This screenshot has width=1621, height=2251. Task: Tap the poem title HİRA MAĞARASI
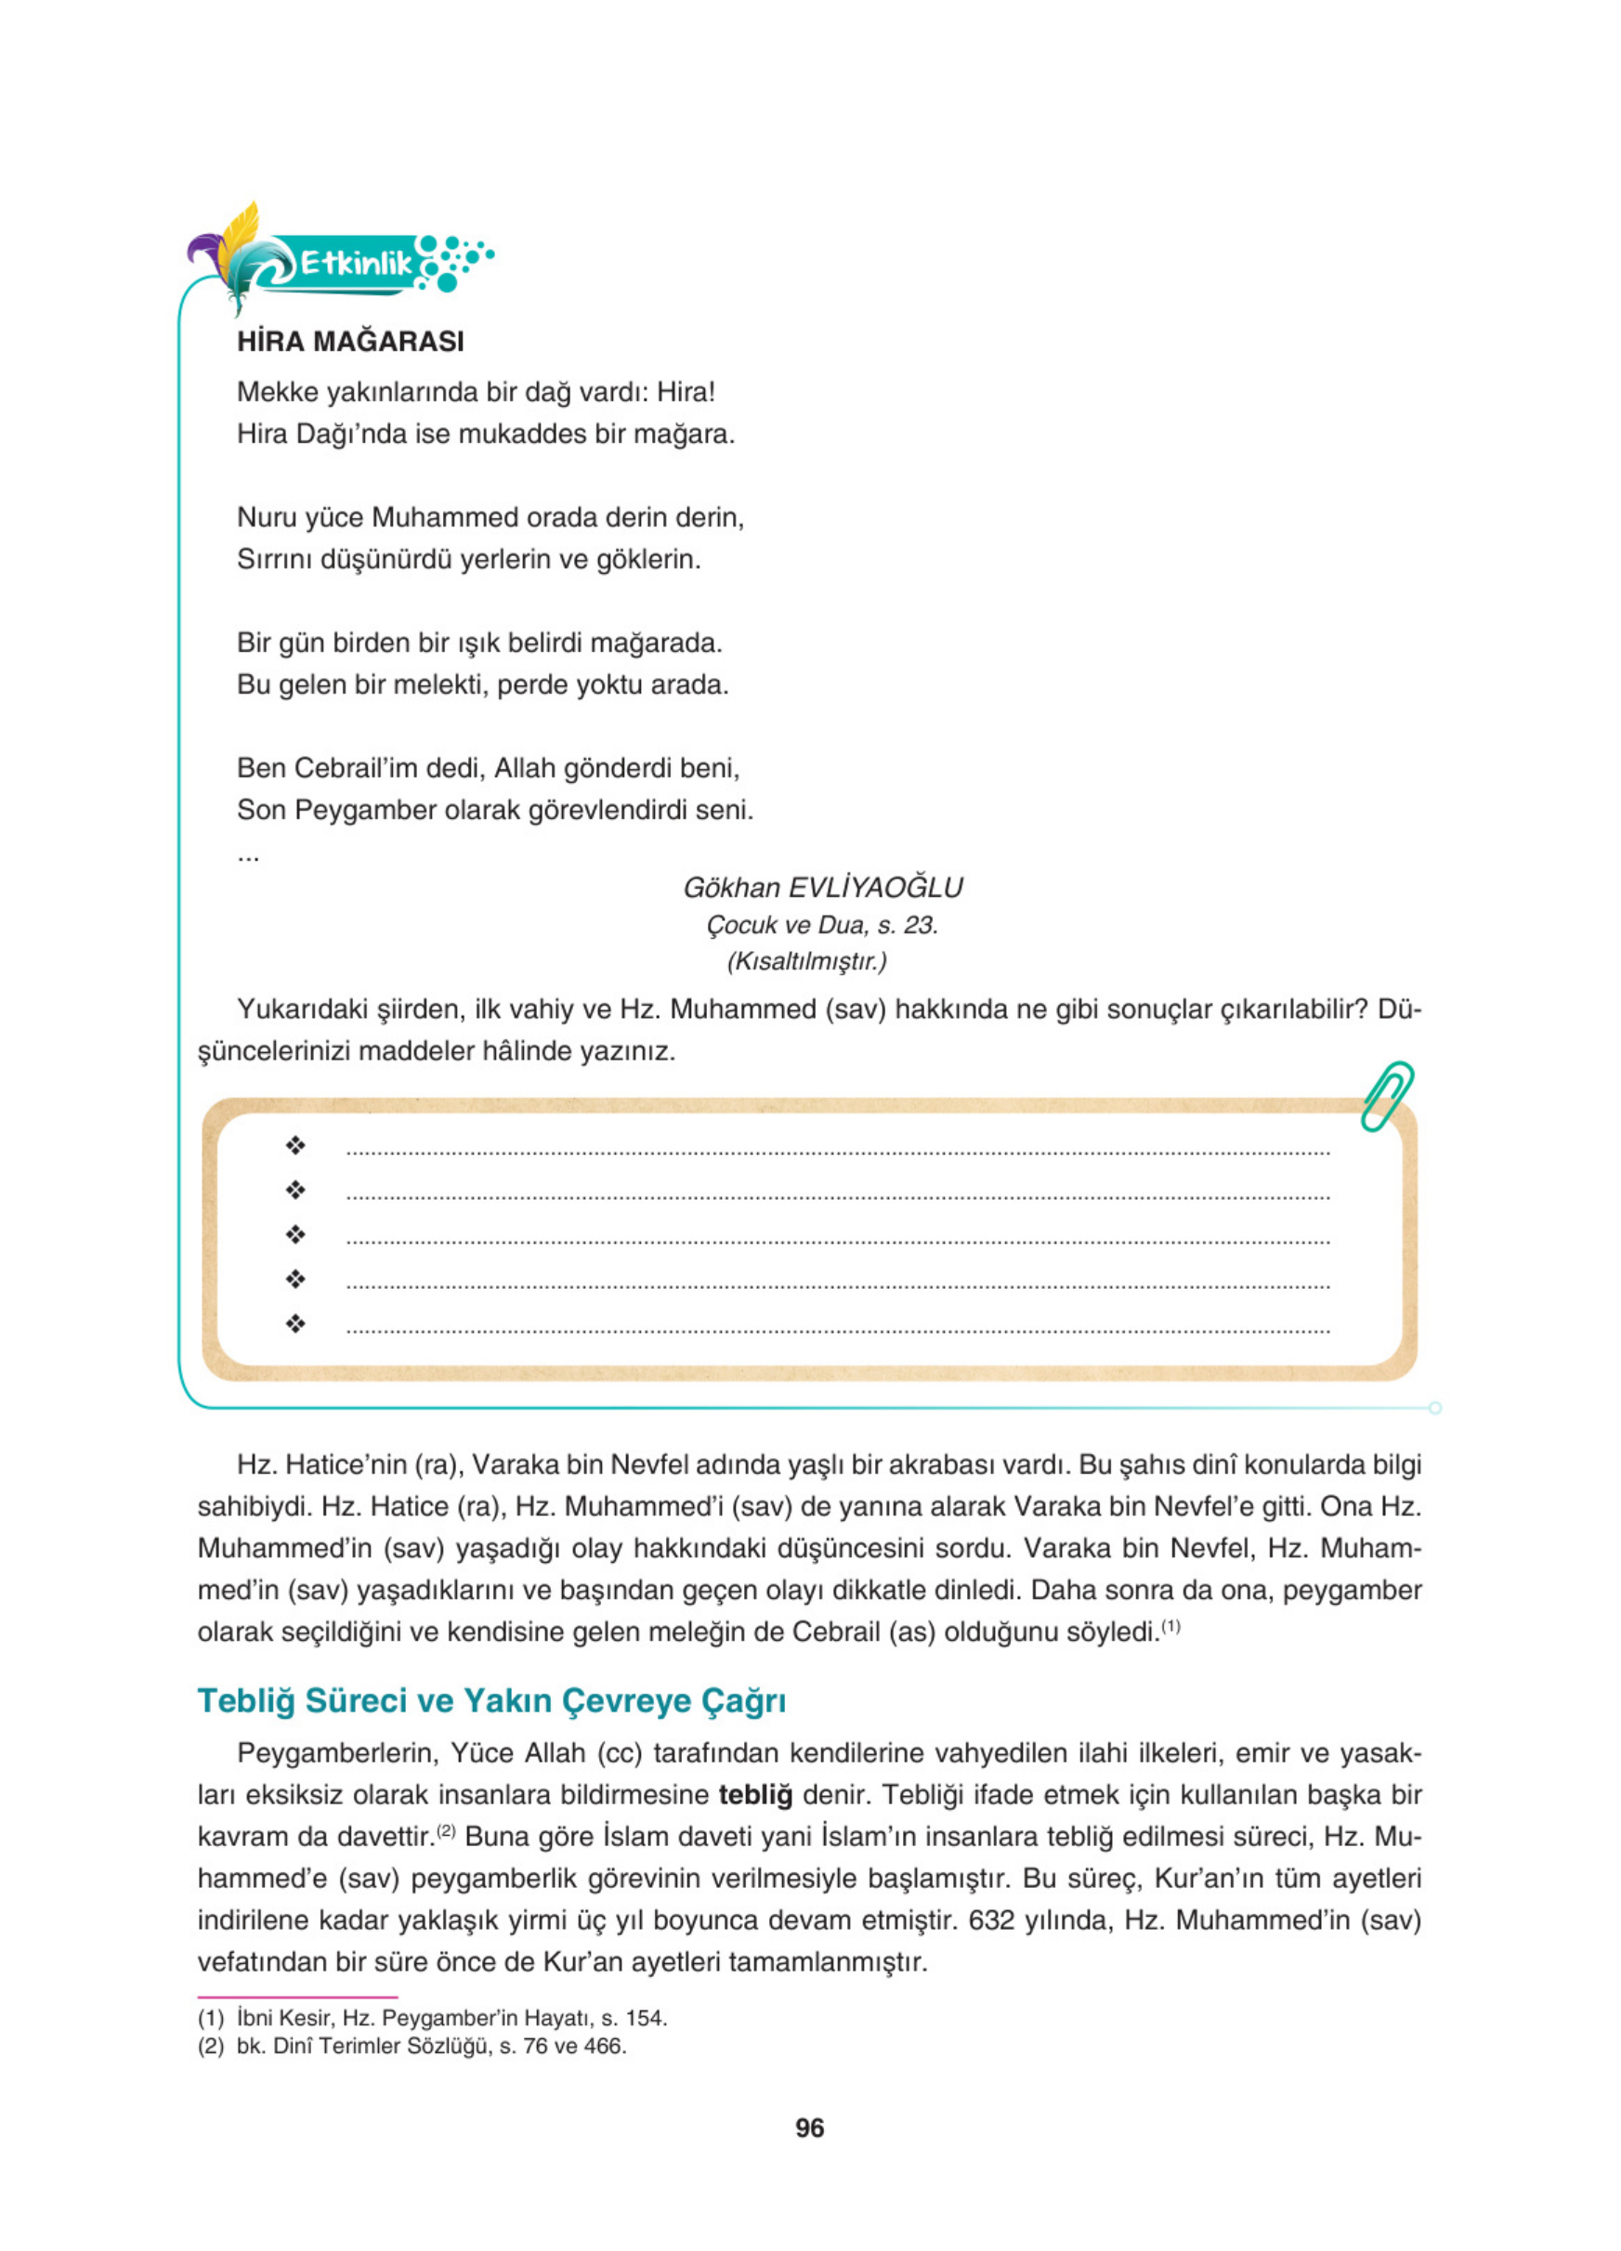[x=350, y=342]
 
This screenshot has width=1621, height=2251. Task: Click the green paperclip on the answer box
[x=1387, y=1096]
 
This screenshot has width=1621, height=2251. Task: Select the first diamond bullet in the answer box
[x=294, y=1145]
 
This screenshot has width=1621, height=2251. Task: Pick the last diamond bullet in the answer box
[x=294, y=1323]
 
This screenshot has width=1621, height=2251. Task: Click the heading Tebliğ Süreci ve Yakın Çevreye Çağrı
[x=491, y=1700]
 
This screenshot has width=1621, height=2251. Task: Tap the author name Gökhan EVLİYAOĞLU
[x=823, y=887]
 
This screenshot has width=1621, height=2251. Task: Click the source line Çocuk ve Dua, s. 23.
[x=822, y=925]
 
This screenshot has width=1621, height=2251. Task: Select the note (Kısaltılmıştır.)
[x=807, y=961]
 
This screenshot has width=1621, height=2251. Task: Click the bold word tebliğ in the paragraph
[x=755, y=1794]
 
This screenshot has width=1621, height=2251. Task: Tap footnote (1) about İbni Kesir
[x=432, y=2018]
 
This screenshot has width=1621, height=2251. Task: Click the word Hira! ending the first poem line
[x=686, y=392]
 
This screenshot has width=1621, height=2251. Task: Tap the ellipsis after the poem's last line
[x=248, y=855]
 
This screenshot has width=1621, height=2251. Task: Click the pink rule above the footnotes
[x=298, y=1997]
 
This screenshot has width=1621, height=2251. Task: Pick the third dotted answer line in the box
[x=838, y=1242]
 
